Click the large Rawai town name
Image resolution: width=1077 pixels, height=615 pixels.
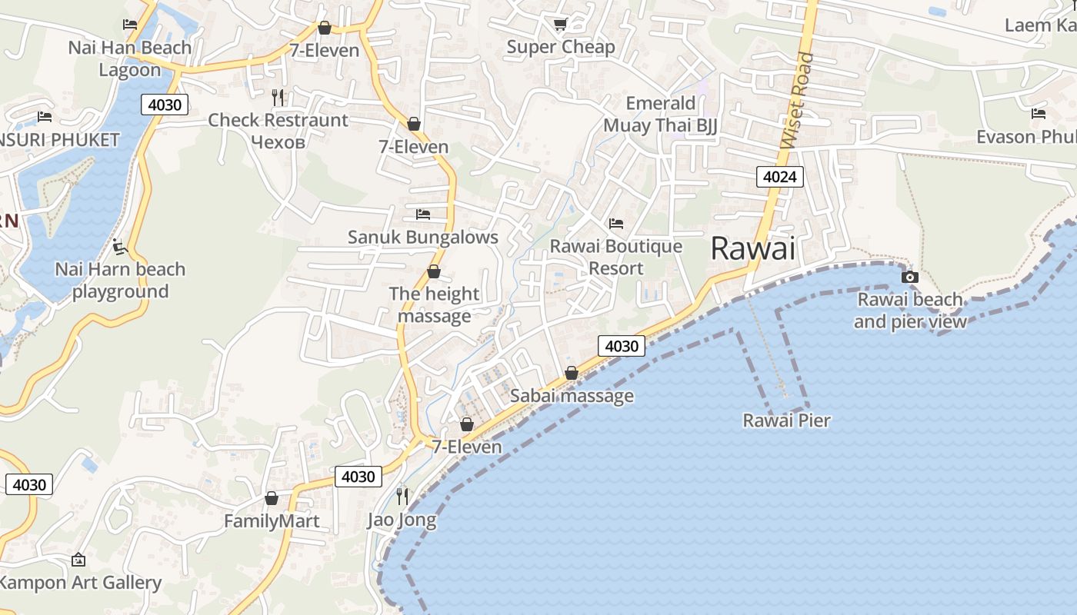click(752, 248)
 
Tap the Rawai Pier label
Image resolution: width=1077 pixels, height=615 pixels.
click(786, 421)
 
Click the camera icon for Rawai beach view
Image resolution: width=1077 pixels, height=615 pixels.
click(910, 277)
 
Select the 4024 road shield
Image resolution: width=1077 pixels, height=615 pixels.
click(780, 178)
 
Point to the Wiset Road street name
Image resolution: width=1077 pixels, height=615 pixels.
click(797, 101)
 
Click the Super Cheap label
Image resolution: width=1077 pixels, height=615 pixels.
click(561, 47)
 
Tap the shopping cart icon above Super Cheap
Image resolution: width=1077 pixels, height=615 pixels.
click(560, 25)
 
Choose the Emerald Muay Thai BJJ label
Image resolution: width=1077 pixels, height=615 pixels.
click(660, 115)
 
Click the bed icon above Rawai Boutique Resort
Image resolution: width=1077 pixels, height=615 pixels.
click(616, 224)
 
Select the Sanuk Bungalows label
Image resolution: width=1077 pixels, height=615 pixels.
click(423, 237)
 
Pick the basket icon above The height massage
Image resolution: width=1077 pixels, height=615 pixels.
click(434, 271)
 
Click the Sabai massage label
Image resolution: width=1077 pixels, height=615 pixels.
click(572, 396)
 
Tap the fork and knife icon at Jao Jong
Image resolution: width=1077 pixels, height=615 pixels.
click(402, 496)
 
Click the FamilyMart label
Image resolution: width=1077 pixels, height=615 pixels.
click(272, 521)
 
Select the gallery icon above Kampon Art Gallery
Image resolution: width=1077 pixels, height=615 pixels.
click(78, 560)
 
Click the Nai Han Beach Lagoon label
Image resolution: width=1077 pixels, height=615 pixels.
click(130, 58)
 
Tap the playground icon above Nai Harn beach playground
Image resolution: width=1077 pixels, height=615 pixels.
click(120, 247)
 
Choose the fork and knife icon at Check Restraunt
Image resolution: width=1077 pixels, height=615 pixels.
click(278, 97)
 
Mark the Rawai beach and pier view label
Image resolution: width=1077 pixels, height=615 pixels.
click(910, 311)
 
